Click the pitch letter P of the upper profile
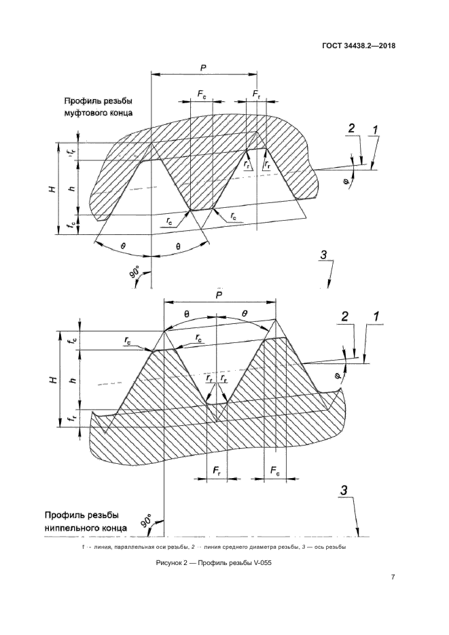click(204, 68)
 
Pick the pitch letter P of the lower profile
click(219, 295)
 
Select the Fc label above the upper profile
click(202, 94)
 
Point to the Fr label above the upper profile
click(256, 94)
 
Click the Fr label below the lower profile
click(217, 471)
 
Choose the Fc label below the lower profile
click(275, 471)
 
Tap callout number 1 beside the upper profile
click(376, 130)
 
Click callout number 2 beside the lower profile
click(344, 316)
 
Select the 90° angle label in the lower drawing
click(147, 520)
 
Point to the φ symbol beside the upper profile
click(346, 181)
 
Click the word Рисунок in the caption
click(168, 563)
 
